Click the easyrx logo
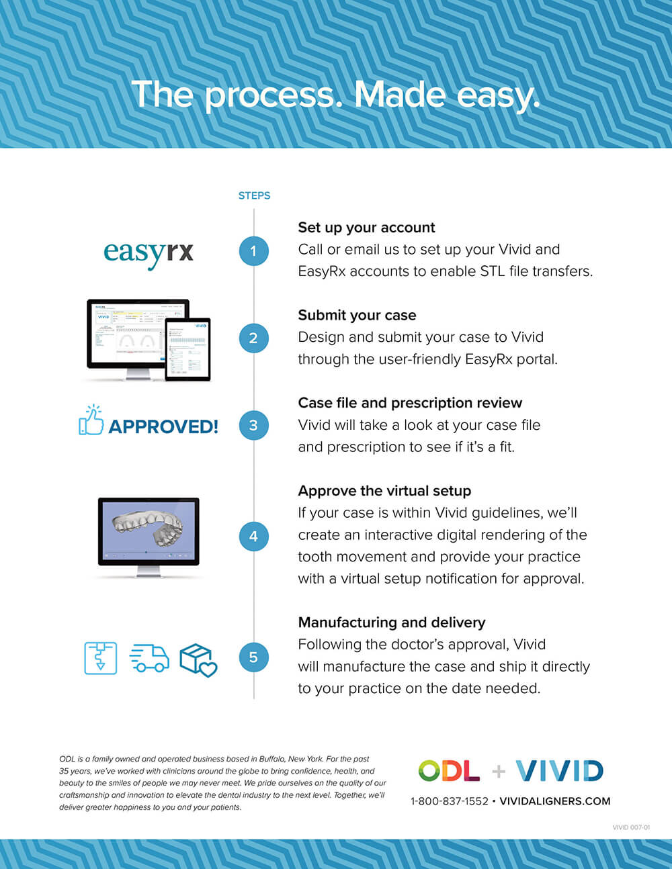(149, 255)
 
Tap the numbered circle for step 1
(253, 251)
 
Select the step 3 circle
(253, 425)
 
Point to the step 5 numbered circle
(253, 657)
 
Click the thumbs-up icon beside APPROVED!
(91, 420)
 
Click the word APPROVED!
(163, 426)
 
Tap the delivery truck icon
(149, 658)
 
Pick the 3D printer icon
(101, 658)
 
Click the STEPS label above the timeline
(255, 195)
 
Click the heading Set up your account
(366, 228)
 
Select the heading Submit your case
(357, 315)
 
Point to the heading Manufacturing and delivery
(392, 623)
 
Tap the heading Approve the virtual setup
(384, 491)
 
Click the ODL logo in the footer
(449, 770)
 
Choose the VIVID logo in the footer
(559, 771)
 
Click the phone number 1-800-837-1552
(450, 801)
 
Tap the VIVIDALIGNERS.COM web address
(555, 801)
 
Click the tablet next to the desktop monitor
(187, 349)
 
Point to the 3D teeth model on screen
(147, 529)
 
